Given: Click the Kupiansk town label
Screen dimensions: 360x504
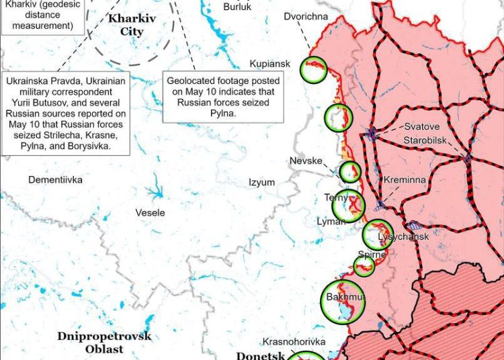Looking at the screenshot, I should coord(269,64).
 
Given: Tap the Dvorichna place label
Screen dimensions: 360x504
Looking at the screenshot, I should coord(306,16).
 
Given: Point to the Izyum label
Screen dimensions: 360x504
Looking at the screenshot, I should coord(261,182).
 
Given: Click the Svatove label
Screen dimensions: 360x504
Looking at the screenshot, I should coord(421,126).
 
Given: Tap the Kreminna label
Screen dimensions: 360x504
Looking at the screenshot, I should coord(404,181).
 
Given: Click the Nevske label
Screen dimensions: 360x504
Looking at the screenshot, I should coord(306,161).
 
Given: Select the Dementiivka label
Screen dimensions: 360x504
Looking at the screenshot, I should coord(55,180).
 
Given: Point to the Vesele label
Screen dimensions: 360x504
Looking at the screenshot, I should coord(150,213).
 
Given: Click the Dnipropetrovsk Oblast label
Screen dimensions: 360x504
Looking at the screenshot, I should coord(104,343).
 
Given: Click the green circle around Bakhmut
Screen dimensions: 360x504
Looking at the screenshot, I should coord(343,302).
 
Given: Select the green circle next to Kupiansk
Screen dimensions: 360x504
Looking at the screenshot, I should coord(313,69).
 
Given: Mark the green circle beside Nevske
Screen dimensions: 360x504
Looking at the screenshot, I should coord(349,172).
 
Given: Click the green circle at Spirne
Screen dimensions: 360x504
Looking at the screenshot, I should coord(364,266).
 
